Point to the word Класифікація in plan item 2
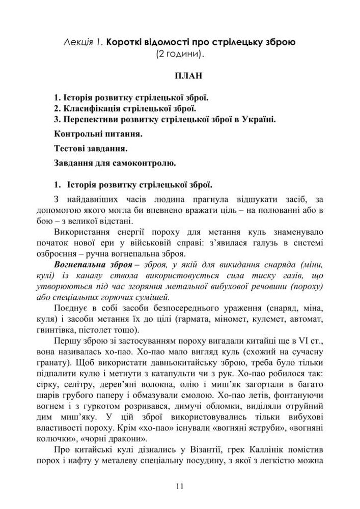(x=87, y=108)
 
